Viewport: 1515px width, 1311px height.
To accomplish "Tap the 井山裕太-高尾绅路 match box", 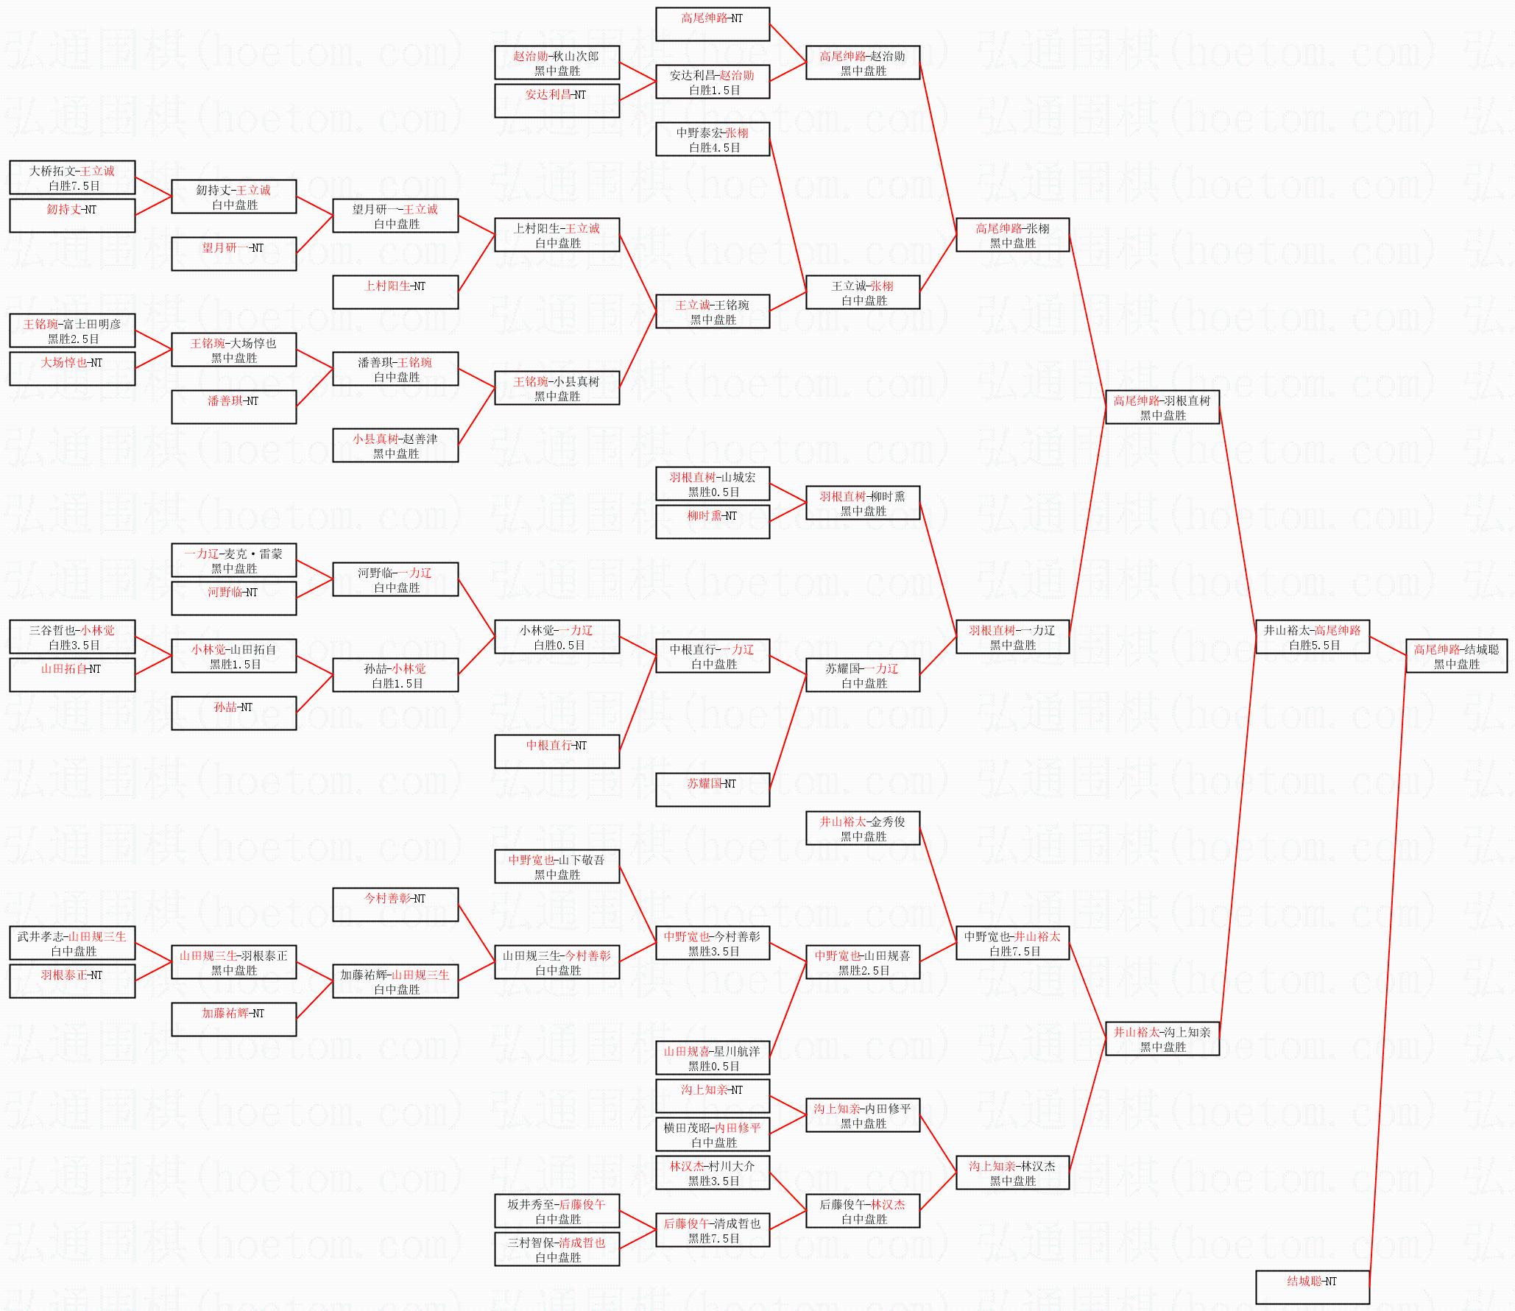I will point(1313,637).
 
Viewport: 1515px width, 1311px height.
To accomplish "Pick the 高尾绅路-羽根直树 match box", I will point(1162,407).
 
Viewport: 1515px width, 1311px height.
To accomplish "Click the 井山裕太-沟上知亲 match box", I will point(1162,1039).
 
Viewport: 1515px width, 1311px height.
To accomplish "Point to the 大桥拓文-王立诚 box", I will point(72,177).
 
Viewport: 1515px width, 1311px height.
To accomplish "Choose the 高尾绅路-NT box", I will point(713,24).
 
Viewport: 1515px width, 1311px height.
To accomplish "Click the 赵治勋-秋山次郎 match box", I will point(557,63).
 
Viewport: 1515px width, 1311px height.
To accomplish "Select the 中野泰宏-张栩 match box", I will point(713,139).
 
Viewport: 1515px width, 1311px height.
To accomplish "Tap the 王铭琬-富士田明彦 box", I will point(72,331).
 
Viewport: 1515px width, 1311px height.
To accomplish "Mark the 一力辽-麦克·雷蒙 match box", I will point(233,560).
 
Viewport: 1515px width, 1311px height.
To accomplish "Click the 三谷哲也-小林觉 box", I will point(72,637).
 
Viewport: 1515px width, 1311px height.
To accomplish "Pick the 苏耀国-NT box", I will point(713,790).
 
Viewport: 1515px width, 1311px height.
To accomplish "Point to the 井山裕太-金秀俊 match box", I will point(863,828).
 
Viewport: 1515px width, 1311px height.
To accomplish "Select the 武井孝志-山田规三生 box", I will point(72,943).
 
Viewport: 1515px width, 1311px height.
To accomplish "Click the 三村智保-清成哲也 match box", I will point(557,1249).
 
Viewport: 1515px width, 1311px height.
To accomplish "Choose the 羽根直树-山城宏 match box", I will point(713,484).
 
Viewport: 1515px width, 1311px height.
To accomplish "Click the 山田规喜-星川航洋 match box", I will point(713,1058).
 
